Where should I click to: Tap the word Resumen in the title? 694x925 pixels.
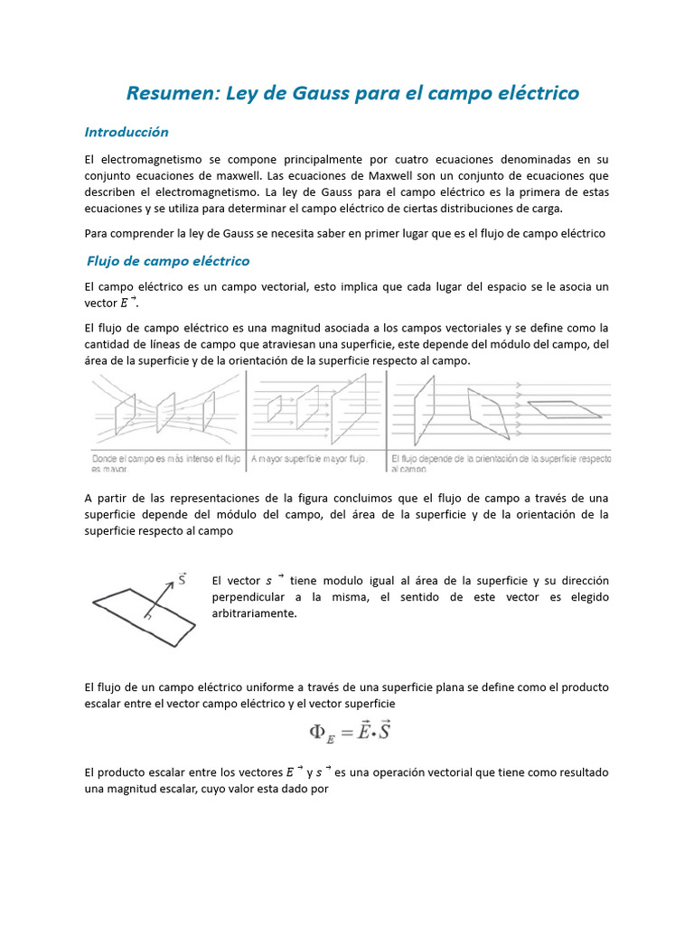(165, 93)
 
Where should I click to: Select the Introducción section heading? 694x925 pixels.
(127, 132)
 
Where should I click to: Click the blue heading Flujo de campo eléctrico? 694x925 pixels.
(168, 261)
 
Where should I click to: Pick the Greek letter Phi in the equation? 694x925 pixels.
(318, 732)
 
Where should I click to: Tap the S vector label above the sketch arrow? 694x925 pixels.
(183, 578)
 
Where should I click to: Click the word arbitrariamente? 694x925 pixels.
(254, 613)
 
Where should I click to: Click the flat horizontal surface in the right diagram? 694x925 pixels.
(565, 409)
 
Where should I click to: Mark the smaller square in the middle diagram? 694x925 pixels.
(275, 409)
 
